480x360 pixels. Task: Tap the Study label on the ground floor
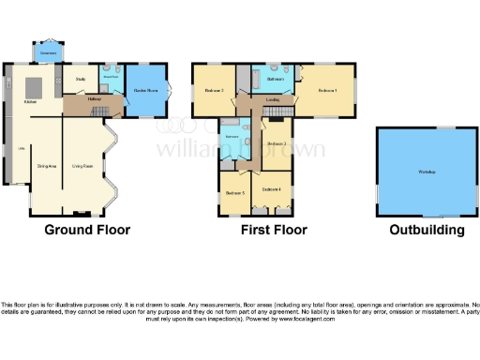click(x=81, y=80)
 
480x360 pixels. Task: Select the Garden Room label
click(x=144, y=90)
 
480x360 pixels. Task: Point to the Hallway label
click(x=94, y=98)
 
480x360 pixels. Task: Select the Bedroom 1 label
click(x=327, y=90)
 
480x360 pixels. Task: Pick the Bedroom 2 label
click(x=214, y=90)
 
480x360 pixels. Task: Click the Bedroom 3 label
click(x=276, y=142)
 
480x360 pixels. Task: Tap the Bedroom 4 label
click(x=272, y=190)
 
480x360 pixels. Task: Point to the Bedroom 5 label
click(x=235, y=192)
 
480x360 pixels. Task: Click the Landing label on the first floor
click(x=273, y=98)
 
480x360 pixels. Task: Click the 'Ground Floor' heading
click(x=87, y=230)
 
